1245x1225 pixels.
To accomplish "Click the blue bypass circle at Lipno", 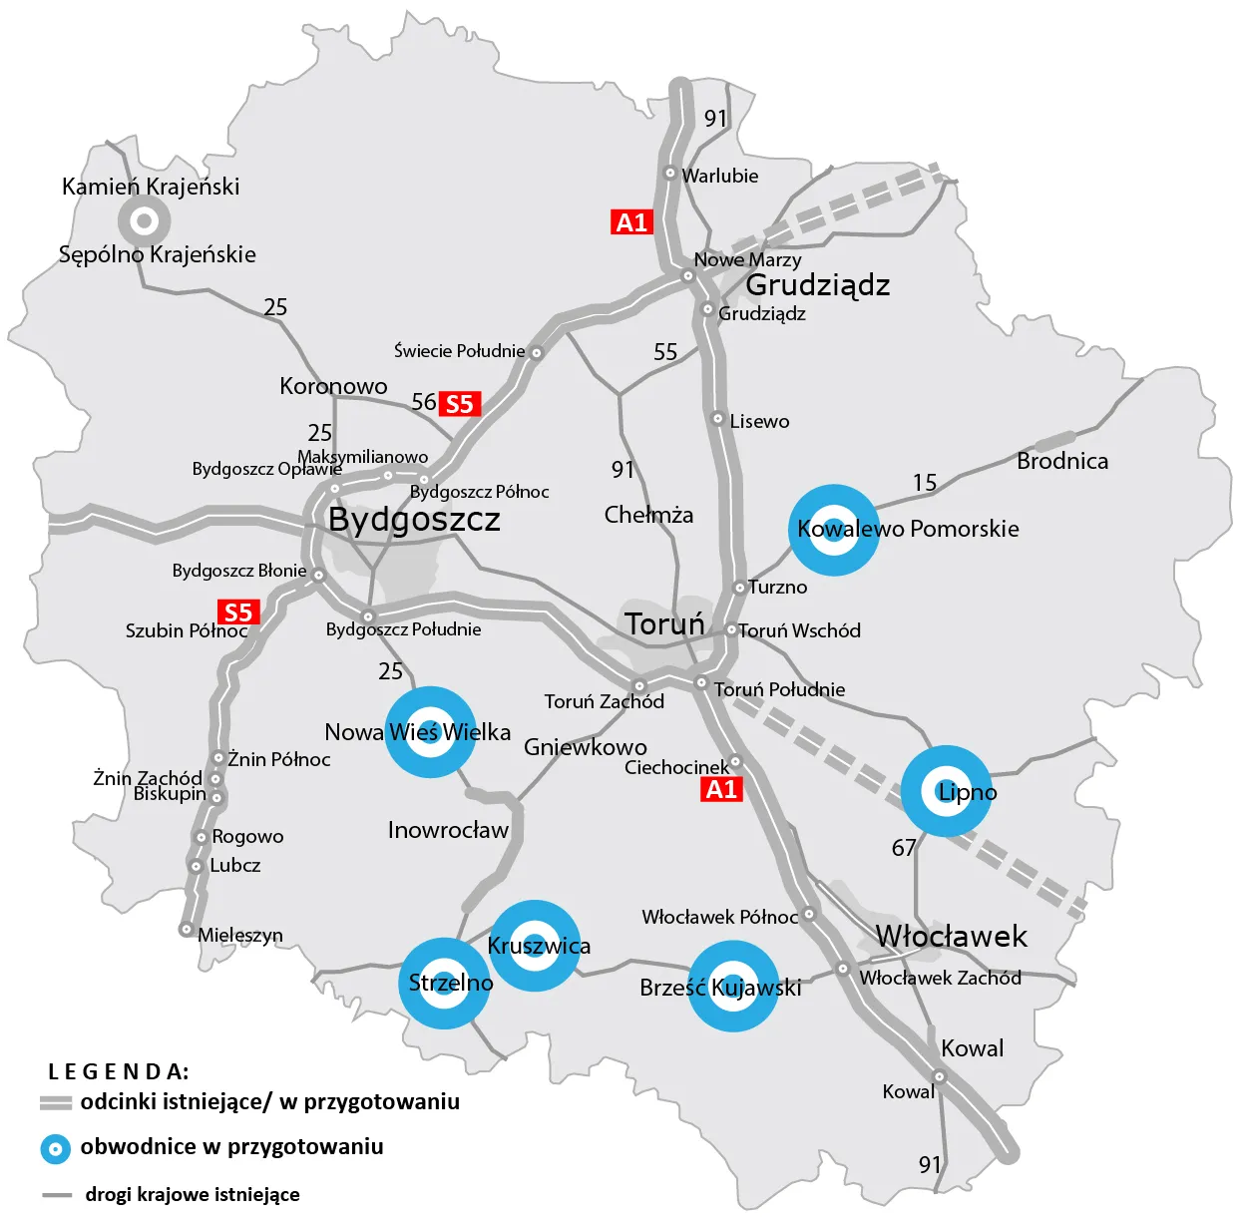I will point(946,790).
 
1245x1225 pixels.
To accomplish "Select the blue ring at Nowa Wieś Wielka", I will point(430,731).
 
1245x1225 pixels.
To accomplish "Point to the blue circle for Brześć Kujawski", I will point(733,987).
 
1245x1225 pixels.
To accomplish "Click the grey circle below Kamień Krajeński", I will point(144,219).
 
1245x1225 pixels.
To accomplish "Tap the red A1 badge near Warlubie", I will point(631,222).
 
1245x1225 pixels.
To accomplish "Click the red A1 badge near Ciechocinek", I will point(721,790).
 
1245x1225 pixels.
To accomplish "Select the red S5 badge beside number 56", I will point(459,404).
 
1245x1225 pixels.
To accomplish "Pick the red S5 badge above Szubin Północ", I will point(238,612).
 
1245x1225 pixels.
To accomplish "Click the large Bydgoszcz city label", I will point(414,520).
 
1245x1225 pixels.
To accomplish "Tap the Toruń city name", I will point(664,624).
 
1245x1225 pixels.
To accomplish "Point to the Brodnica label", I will point(1061,461).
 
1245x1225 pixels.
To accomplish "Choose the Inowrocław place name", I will point(448,830).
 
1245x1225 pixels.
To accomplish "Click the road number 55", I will point(665,352).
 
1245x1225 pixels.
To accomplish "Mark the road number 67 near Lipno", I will point(904,848).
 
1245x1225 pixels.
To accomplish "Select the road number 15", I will point(925,483).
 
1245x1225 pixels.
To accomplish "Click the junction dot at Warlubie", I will point(670,174).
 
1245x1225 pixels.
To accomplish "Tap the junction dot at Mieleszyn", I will point(186,929).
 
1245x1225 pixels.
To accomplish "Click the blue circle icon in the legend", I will point(55,1148).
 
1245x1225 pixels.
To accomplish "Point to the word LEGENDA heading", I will point(118,1071).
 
